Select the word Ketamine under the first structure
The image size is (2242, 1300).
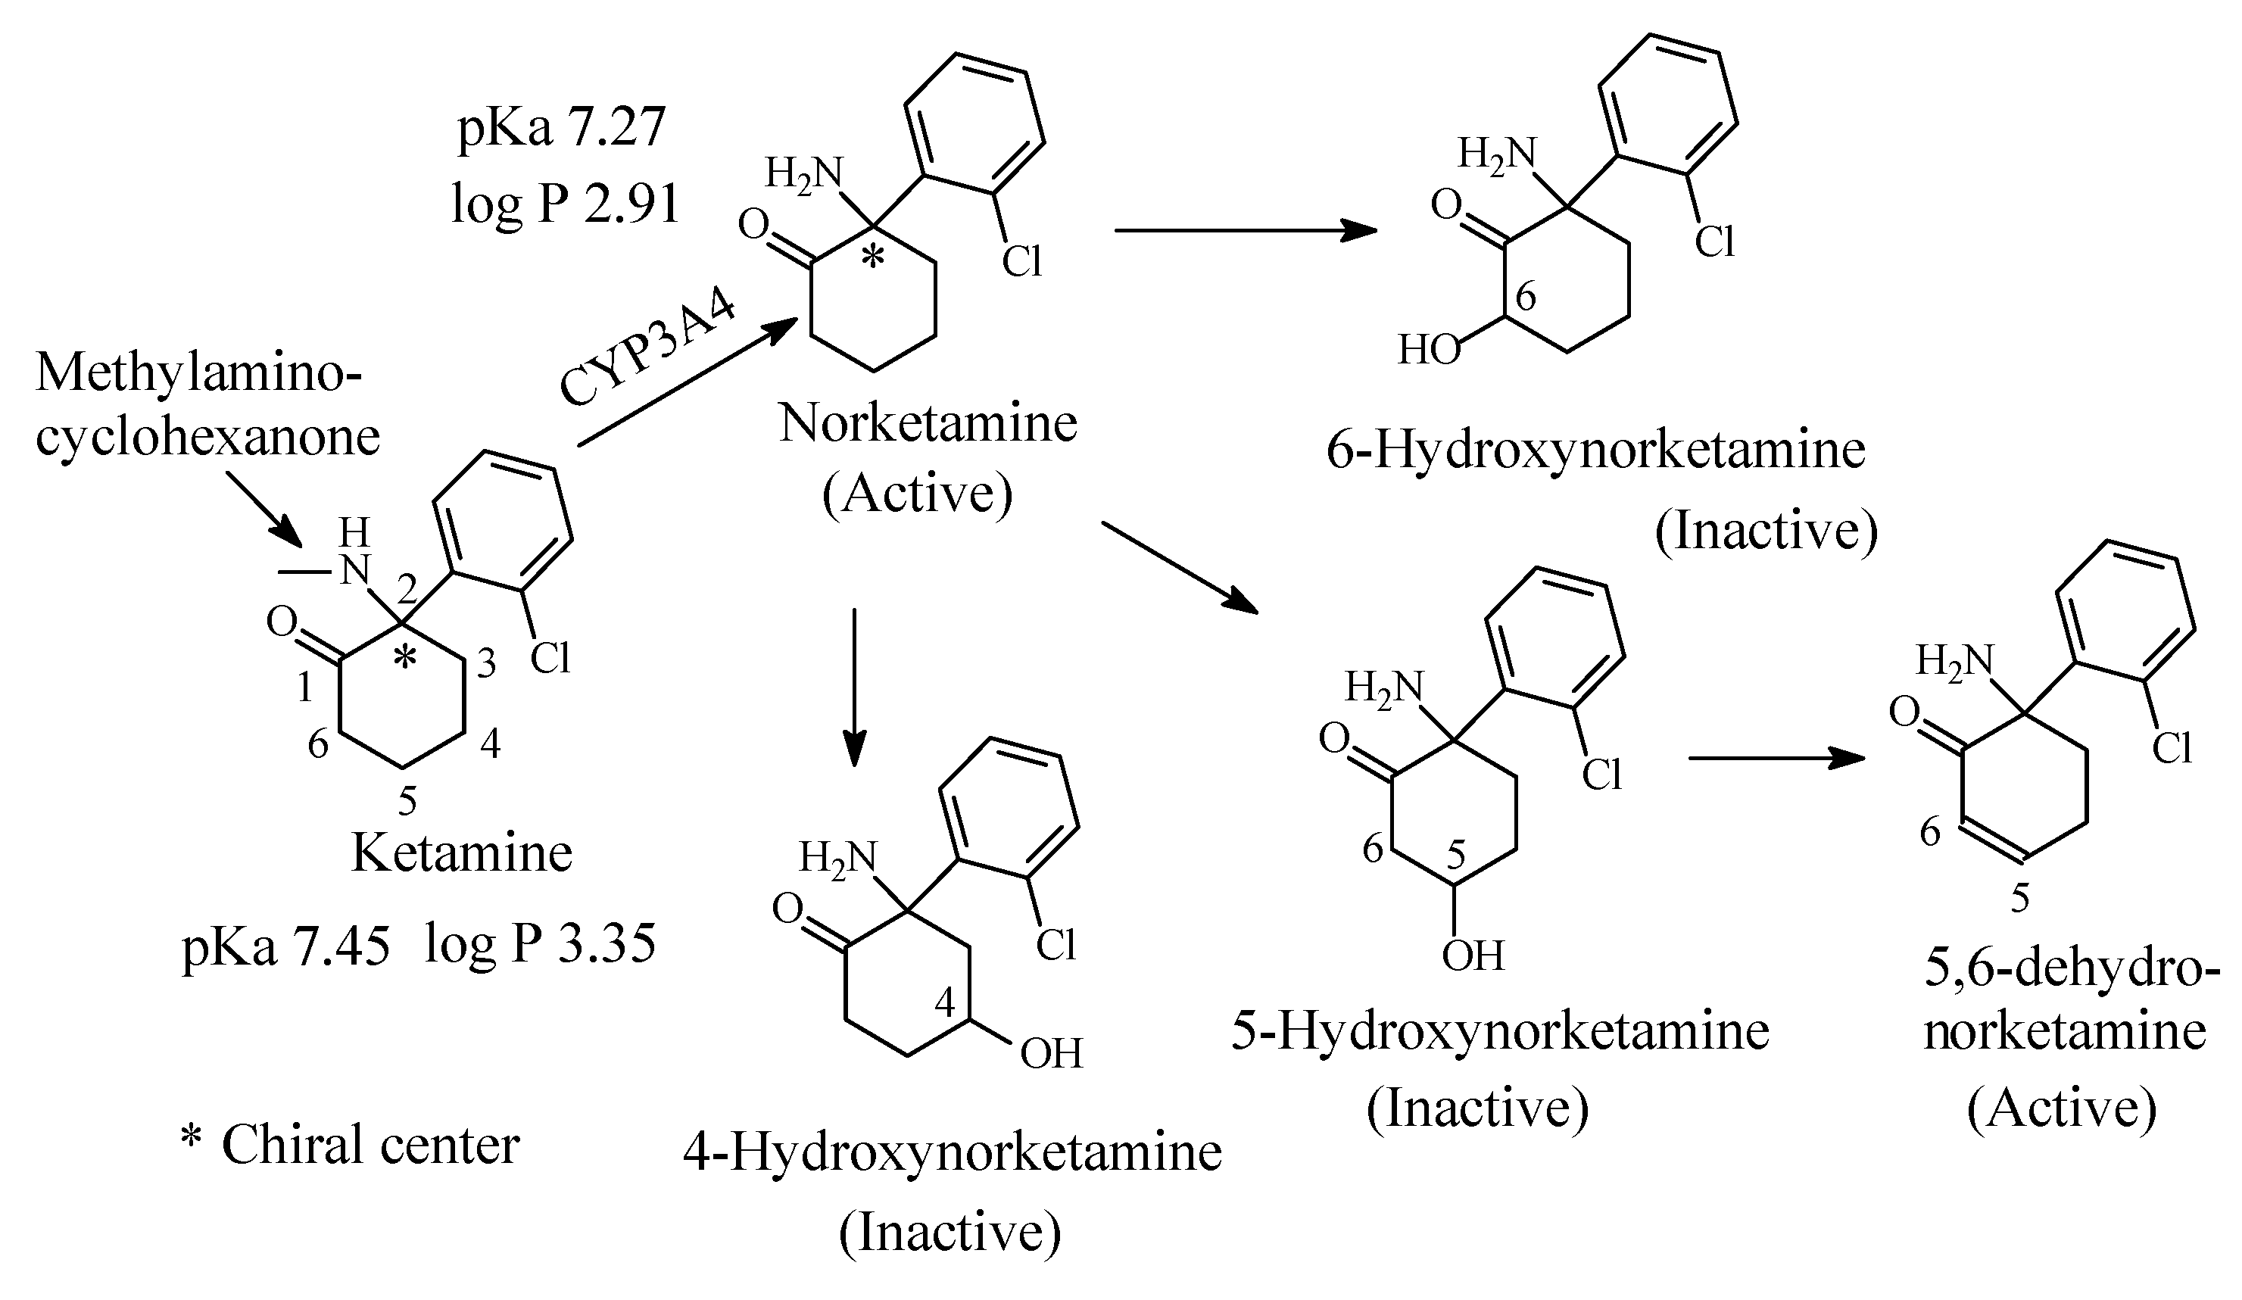click(x=462, y=853)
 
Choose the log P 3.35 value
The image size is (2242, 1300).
click(x=540, y=943)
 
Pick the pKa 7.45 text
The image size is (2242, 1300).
click(x=285, y=945)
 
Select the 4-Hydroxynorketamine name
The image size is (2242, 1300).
click(x=952, y=1152)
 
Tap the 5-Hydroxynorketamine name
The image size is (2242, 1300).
click(x=1500, y=1030)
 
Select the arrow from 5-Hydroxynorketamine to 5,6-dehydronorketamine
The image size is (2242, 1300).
click(x=1775, y=758)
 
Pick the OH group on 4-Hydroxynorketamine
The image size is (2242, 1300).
click(x=1051, y=1053)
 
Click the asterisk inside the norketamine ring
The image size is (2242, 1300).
click(x=874, y=258)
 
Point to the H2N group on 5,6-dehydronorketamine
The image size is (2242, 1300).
click(x=1954, y=661)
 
